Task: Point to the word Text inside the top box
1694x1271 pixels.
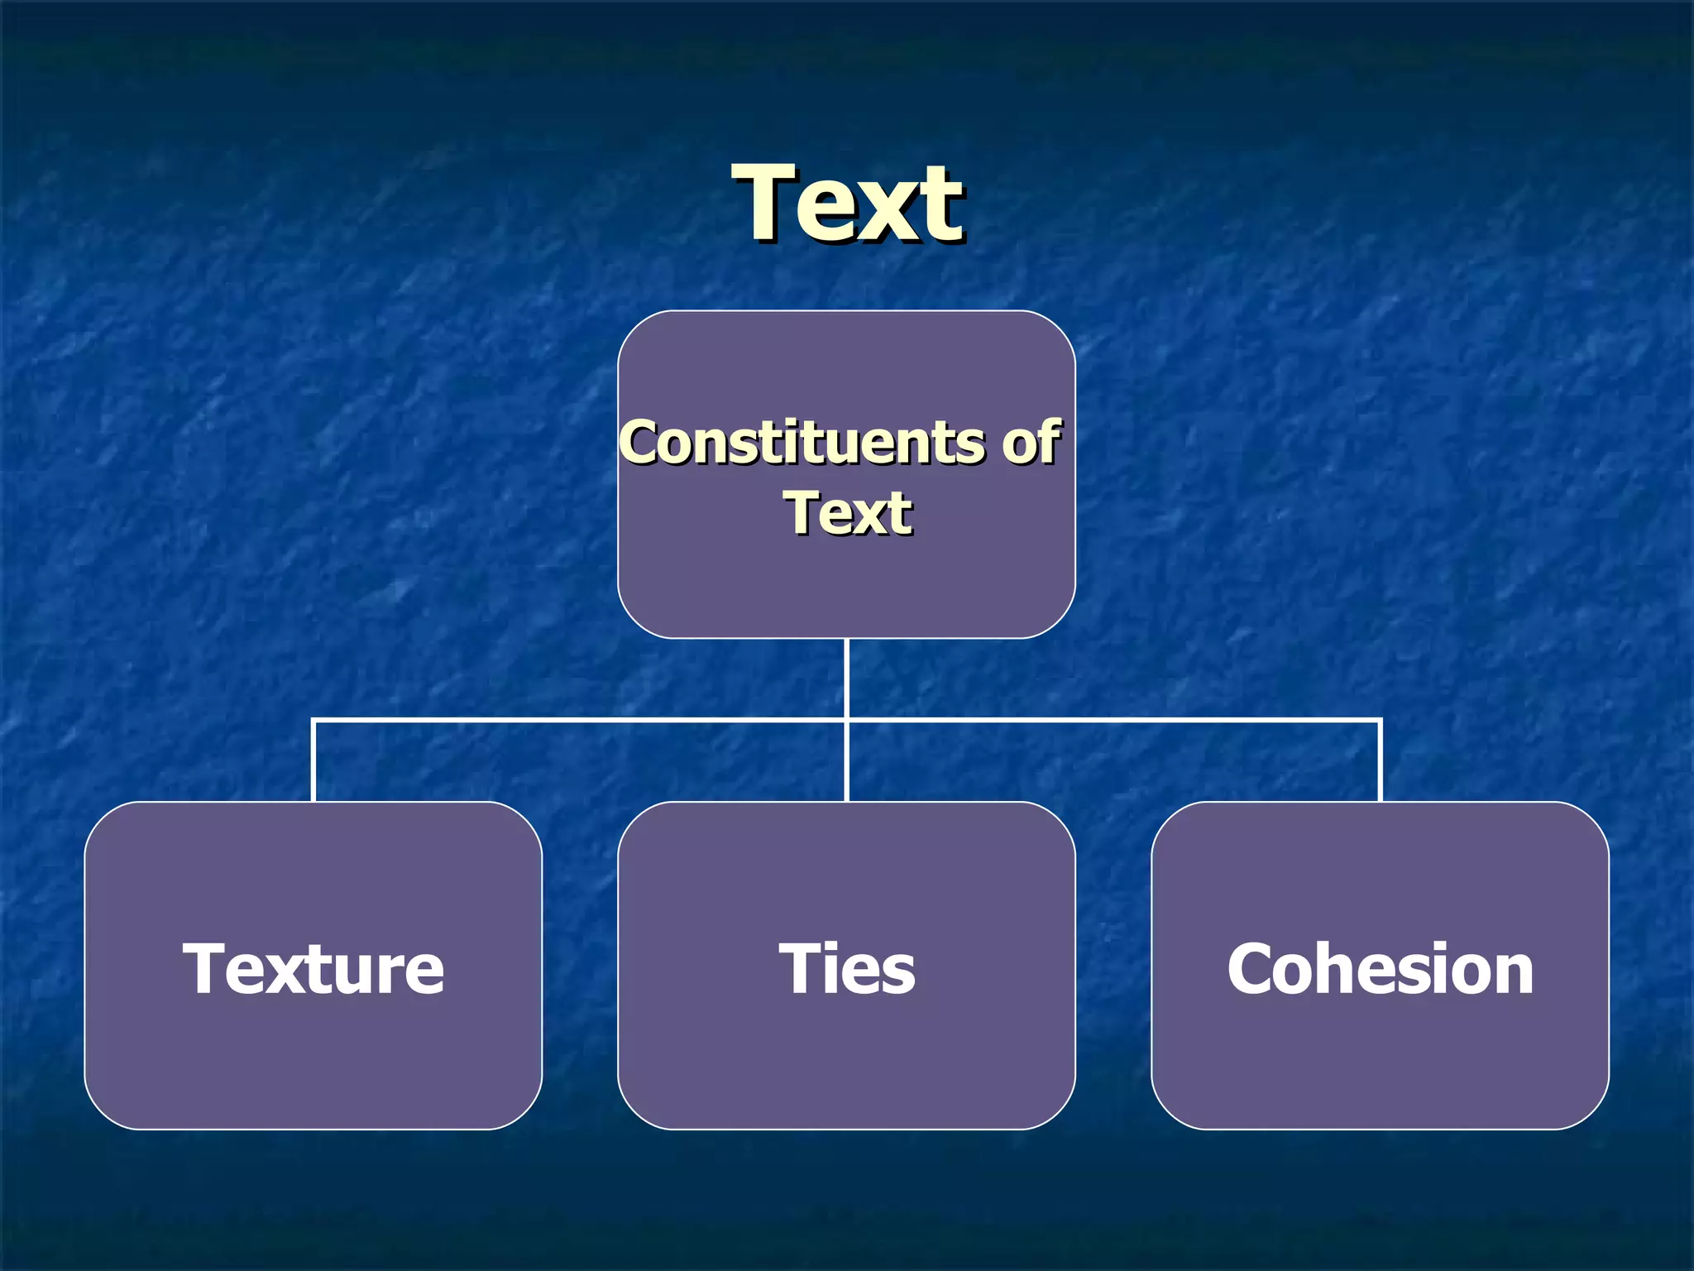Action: pyautogui.click(x=848, y=513)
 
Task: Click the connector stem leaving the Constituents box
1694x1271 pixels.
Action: pyautogui.click(x=847, y=679)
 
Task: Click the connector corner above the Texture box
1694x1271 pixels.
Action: pyautogui.click(x=313, y=722)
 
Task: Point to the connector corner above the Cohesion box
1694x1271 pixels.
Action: pyautogui.click(x=1381, y=722)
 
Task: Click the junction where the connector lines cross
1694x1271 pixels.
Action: pyautogui.click(x=847, y=722)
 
